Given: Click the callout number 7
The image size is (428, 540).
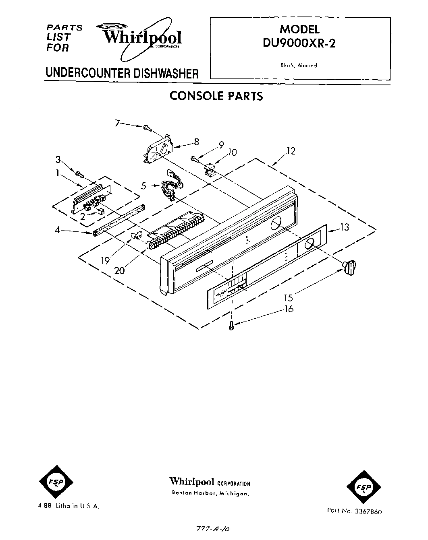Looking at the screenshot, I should click(x=117, y=123).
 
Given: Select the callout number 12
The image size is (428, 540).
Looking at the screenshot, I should click(x=291, y=151).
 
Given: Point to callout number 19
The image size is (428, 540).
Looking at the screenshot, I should click(x=105, y=260).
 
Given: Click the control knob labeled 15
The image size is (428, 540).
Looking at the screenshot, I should click(x=350, y=267).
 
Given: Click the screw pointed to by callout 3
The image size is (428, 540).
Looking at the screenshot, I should click(x=79, y=174).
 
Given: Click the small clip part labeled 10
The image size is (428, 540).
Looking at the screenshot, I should click(x=210, y=170).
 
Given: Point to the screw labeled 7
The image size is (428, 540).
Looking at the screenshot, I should click(x=147, y=128).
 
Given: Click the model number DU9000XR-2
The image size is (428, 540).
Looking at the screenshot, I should click(x=299, y=43).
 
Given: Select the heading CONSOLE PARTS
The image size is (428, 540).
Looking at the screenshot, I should click(x=216, y=96).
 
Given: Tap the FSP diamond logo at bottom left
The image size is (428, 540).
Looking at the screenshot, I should click(x=56, y=482).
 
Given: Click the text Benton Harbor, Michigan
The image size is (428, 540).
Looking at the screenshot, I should click(x=210, y=493).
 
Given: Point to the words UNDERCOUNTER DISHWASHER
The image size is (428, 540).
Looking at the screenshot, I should click(x=122, y=74).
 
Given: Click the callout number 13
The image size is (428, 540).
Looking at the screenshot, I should click(x=344, y=227).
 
